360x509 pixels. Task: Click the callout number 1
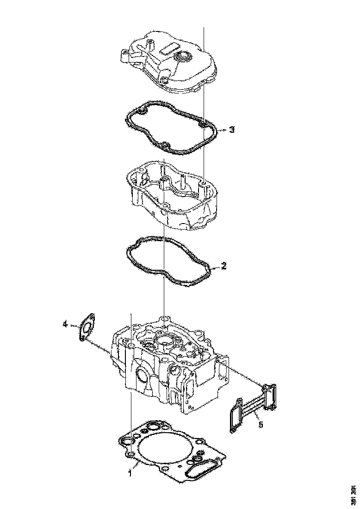click(x=130, y=473)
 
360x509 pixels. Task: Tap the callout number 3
click(x=232, y=130)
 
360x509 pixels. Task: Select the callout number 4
click(x=66, y=325)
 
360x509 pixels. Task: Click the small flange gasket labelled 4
click(x=86, y=327)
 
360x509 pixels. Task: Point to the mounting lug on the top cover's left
click(x=125, y=56)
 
